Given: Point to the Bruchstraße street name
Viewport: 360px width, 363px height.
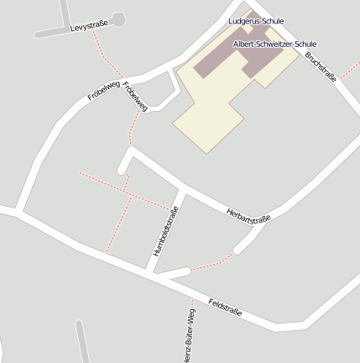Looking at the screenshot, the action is click(321, 66).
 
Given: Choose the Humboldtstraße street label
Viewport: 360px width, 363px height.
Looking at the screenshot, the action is click(164, 230).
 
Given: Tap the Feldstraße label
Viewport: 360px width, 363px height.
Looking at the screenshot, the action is click(225, 307).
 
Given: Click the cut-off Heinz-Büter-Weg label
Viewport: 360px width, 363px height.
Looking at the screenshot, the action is click(188, 336).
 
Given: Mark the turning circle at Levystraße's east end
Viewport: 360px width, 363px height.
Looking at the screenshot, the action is click(117, 18).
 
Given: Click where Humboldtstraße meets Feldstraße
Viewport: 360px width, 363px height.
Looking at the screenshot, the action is click(150, 271).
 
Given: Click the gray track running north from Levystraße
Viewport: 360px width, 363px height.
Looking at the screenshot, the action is click(65, 12).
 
